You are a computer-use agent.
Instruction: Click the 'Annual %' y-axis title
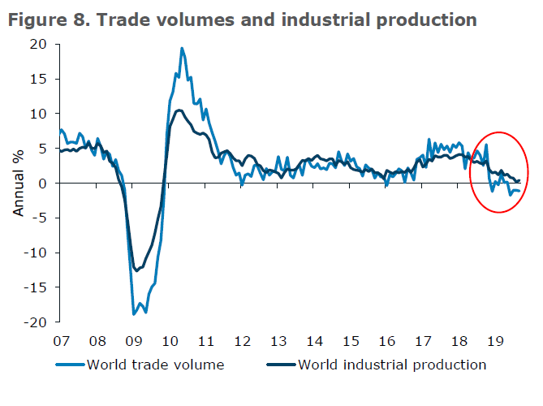19,184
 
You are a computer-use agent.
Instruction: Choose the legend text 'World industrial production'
392,365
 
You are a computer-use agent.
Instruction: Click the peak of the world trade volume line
182,48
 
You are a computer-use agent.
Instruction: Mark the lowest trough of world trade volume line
134,313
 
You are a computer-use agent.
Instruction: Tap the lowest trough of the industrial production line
136,270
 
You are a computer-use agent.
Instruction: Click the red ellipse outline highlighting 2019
472,172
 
